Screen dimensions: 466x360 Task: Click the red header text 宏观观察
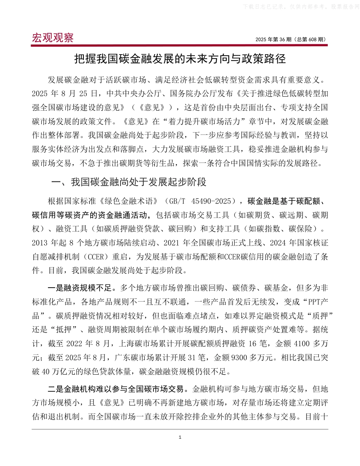(x=53, y=38)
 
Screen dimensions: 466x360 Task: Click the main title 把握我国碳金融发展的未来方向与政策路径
(x=180, y=59)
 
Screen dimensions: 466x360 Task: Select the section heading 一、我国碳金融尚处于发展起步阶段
(x=129, y=182)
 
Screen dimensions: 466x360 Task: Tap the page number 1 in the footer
(x=180, y=438)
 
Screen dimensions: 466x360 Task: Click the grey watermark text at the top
(x=299, y=6)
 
